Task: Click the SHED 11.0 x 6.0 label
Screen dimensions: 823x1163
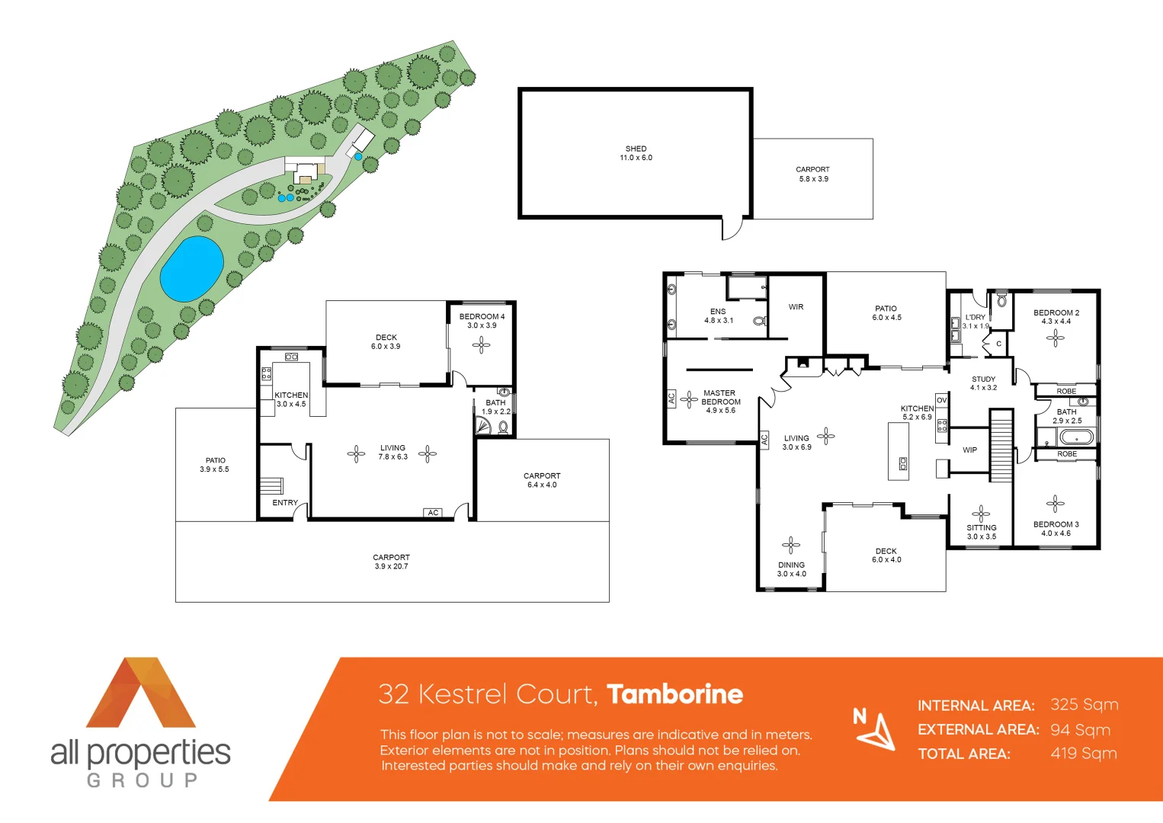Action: [636, 153]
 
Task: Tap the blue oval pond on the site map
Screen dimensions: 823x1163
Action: [191, 268]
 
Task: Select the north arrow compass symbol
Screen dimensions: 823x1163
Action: [876, 729]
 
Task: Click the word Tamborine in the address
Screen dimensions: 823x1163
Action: [674, 694]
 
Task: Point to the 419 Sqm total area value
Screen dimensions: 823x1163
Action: [1083, 754]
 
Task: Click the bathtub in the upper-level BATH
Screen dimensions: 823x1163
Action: [1075, 437]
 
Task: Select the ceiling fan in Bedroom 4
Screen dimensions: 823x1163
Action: [481, 345]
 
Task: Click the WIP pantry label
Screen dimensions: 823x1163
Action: [969, 450]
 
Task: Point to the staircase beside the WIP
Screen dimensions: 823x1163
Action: [1001, 446]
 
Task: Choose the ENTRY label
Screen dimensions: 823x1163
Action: [285, 503]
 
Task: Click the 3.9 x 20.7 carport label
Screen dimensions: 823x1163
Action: [391, 562]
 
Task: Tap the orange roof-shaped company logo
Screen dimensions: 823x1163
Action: [141, 693]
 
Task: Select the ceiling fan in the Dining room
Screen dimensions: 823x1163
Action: [791, 544]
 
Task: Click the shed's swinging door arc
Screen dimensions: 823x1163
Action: [732, 229]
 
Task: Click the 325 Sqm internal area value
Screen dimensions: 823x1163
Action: [1084, 705]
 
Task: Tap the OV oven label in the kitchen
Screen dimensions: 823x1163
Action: [941, 400]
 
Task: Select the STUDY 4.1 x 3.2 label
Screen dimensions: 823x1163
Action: [983, 383]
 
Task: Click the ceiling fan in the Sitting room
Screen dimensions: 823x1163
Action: [981, 512]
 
